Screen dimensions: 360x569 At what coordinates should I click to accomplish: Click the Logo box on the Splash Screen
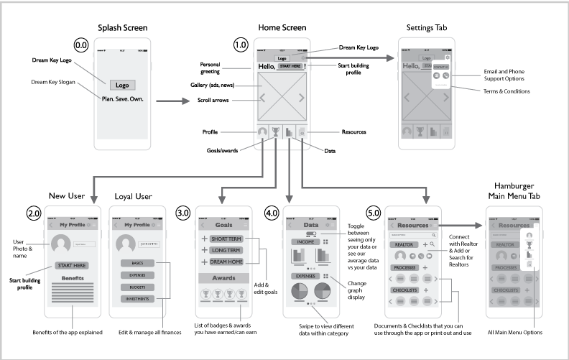coord(123,85)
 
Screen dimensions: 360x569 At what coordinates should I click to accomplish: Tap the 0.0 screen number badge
coord(80,45)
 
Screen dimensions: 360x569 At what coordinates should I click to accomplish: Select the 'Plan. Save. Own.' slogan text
coord(123,98)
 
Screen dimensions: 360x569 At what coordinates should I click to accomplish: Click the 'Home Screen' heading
coord(282,28)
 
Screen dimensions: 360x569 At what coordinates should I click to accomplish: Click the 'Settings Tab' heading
coord(427,28)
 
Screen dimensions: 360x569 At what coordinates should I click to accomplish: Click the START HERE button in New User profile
coord(71,265)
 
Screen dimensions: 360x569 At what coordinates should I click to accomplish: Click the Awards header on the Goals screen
coord(223,277)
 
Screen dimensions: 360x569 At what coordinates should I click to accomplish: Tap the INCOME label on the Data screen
coord(305,241)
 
